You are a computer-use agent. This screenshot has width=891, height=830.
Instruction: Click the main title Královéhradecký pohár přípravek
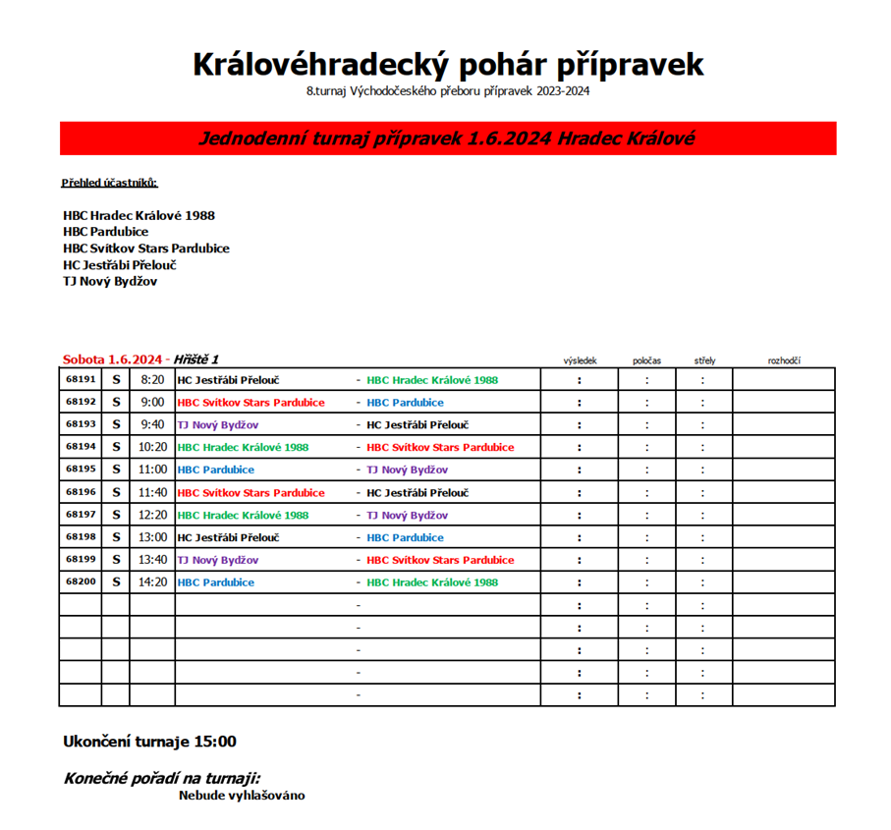447,65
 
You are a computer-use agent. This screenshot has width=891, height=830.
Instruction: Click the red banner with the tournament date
447,138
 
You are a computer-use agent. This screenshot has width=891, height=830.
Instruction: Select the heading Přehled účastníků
109,183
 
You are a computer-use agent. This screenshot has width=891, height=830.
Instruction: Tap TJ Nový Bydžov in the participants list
109,282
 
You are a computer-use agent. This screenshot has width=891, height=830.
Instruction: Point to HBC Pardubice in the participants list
105,232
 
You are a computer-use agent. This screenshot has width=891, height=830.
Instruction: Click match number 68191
81,379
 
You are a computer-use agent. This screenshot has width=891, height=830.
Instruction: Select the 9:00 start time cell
152,402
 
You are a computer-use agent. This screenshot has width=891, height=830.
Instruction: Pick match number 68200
81,582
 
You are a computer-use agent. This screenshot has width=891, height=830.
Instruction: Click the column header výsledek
580,360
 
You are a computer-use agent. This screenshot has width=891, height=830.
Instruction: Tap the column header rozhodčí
784,360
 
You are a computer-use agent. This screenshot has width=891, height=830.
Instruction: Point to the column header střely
703,360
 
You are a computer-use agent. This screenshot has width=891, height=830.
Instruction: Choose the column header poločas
646,360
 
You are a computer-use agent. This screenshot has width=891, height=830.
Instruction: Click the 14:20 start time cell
152,582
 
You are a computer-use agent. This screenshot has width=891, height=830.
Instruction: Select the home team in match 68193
217,424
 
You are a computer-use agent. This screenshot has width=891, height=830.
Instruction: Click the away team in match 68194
439,447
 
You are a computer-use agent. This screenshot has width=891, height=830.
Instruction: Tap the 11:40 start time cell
152,492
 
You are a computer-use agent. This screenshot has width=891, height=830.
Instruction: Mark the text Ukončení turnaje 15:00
149,742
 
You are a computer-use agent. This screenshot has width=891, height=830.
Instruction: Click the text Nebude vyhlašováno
242,795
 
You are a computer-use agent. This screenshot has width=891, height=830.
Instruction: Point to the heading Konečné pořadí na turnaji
162,778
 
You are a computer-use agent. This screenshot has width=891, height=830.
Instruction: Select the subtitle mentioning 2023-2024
447,92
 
